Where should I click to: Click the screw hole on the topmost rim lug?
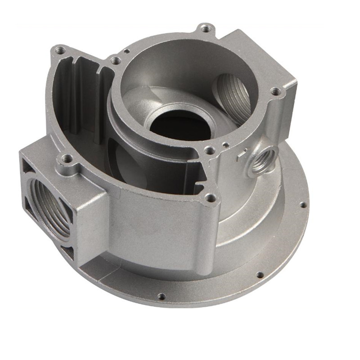pyautogui.click(x=206, y=28)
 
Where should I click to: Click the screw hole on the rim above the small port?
pyautogui.click(x=276, y=92)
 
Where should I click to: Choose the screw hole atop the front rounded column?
pyautogui.click(x=210, y=197)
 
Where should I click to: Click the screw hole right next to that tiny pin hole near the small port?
pyautogui.click(x=209, y=150)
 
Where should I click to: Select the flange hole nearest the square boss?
pyautogui.click(x=161, y=296)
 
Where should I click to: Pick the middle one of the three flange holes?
pyautogui.click(x=259, y=274)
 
